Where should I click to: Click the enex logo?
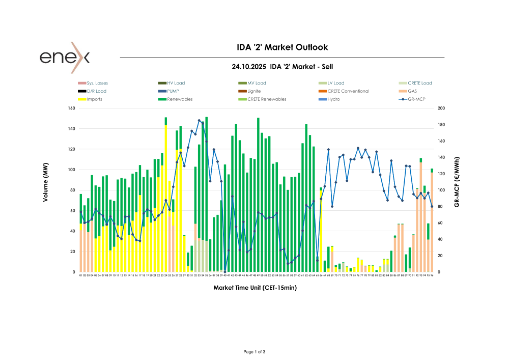pyautogui.click(x=65, y=57)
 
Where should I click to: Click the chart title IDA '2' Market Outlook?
pyautogui.click(x=282, y=47)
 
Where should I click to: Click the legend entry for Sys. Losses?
pyautogui.click(x=97, y=83)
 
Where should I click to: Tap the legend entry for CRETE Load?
pyautogui.click(x=419, y=83)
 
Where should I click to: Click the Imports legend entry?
pyautogui.click(x=94, y=99)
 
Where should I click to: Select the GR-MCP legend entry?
pyautogui.click(x=416, y=99)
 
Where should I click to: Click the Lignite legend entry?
pyautogui.click(x=254, y=91)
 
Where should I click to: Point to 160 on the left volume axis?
pyautogui.click(x=71, y=108)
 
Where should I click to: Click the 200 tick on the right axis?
pyautogui.click(x=441, y=108)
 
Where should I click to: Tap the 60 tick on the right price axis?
pyautogui.click(x=440, y=223)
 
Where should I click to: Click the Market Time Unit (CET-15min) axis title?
pyautogui.click(x=255, y=288)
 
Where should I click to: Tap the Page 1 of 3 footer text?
pyautogui.click(x=254, y=352)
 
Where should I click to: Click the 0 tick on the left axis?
pyautogui.click(x=74, y=272)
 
